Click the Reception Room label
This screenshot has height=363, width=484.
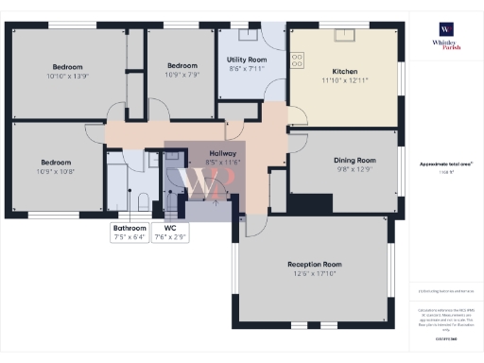click(x=313, y=264)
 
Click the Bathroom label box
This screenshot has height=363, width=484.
click(x=130, y=233)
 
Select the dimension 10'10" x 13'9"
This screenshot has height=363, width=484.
click(x=68, y=76)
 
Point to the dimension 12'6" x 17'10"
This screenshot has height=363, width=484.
click(x=313, y=273)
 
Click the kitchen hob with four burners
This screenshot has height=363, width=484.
click(x=298, y=59)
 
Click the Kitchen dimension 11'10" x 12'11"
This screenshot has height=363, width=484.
click(x=344, y=81)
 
